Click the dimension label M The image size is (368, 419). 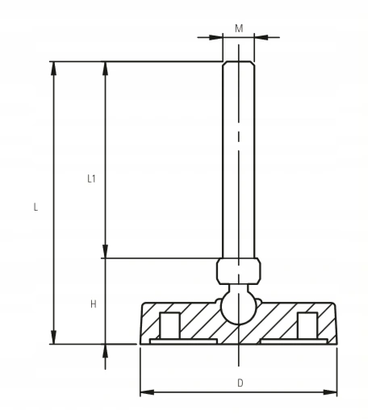click(239, 28)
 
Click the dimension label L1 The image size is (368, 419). click(92, 179)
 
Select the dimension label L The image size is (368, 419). click(35, 207)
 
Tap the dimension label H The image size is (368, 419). click(93, 304)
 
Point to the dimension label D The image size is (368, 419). click(240, 383)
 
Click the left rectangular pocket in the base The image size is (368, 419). click(170, 325)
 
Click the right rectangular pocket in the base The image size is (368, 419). click(307, 325)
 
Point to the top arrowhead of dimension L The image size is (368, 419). click(54, 69)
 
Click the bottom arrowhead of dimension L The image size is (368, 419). click(54, 337)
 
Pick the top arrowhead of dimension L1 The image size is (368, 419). click(104, 69)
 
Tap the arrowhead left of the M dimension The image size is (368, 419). click(216, 37)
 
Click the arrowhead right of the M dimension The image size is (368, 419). click(261, 37)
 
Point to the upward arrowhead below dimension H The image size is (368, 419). click(104, 352)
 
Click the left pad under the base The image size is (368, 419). click(183, 341)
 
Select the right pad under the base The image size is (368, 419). click(294, 341)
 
